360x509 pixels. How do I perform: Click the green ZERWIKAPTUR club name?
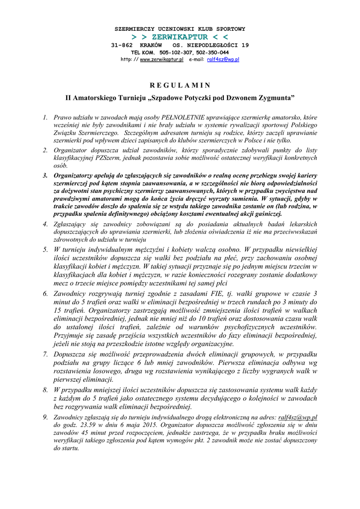pyautogui.click(x=180, y=37)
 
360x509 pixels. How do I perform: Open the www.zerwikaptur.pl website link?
pyautogui.click(x=162, y=59)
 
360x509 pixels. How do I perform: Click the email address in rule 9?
pyautogui.click(x=298, y=418)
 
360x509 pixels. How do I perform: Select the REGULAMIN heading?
pyautogui.click(x=180, y=85)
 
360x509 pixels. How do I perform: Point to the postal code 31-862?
pyautogui.click(x=122, y=45)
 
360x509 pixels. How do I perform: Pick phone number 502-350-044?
pyautogui.click(x=212, y=52)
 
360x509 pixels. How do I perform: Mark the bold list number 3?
pyautogui.click(x=45, y=175)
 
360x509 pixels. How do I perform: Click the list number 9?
pyautogui.click(x=45, y=418)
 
